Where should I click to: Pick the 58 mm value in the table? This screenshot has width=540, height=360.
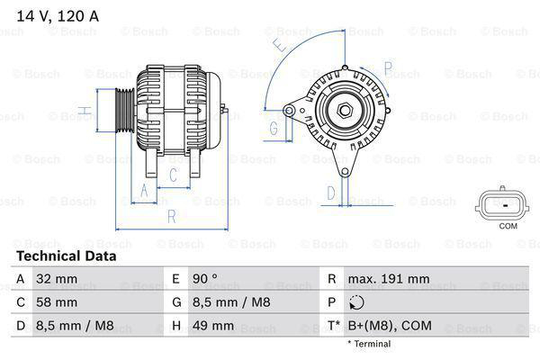55,302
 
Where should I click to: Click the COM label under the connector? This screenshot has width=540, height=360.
508,226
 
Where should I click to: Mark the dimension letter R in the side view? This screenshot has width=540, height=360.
170,216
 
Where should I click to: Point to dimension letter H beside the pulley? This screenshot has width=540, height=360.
82,112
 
